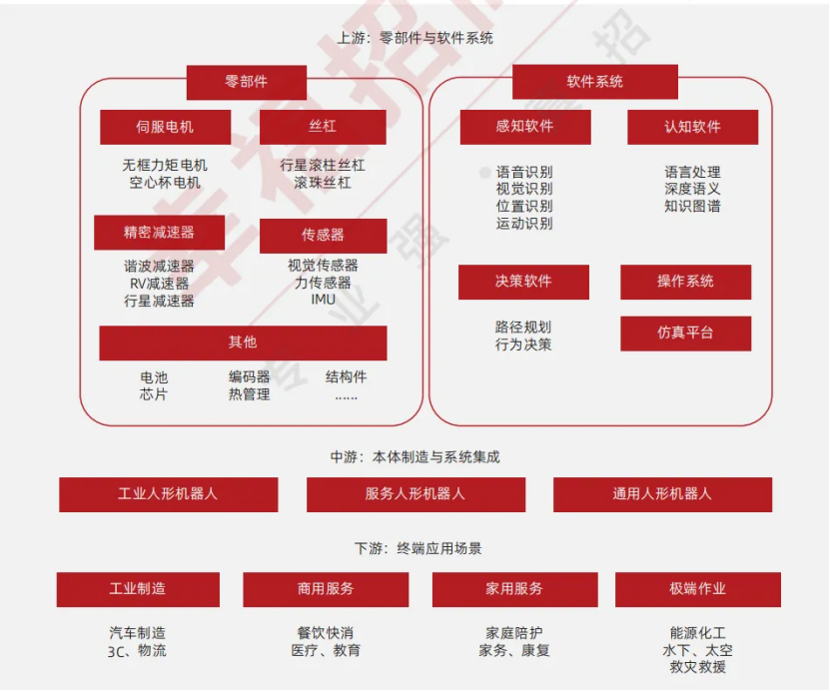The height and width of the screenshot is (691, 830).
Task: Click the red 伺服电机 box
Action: pyautogui.click(x=165, y=127)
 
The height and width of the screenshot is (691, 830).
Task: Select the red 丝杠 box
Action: pyautogui.click(x=323, y=127)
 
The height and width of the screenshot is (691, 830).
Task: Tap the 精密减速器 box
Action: pyautogui.click(x=159, y=233)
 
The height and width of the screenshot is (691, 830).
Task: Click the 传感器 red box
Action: pyautogui.click(x=323, y=236)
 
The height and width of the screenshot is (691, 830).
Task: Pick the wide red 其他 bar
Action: pyautogui.click(x=243, y=343)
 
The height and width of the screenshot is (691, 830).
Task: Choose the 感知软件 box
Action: pyautogui.click(x=524, y=127)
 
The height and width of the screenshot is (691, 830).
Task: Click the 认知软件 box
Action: pyautogui.click(x=692, y=127)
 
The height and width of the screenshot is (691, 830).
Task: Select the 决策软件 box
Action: pyautogui.click(x=523, y=282)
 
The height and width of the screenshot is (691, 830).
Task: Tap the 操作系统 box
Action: pyautogui.click(x=685, y=282)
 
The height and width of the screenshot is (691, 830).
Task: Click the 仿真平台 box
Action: pyautogui.click(x=685, y=334)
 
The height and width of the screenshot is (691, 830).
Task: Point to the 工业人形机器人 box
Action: pyautogui.click(x=168, y=494)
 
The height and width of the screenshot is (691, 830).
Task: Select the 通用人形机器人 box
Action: pyautogui.click(x=662, y=494)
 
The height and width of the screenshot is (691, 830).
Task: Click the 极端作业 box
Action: pyautogui.click(x=697, y=589)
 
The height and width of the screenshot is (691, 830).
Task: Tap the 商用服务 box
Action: pyautogui.click(x=326, y=589)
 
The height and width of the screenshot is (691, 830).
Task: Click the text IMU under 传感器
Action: pyautogui.click(x=323, y=300)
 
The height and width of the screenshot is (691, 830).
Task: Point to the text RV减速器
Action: pyautogui.click(x=159, y=284)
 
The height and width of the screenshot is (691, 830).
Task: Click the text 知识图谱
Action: pyautogui.click(x=692, y=206)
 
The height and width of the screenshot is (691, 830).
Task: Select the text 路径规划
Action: pyautogui.click(x=523, y=328)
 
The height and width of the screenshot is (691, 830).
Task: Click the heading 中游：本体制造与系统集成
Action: pyautogui.click(x=415, y=457)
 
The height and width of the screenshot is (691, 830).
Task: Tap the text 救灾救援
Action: pyautogui.click(x=697, y=667)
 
